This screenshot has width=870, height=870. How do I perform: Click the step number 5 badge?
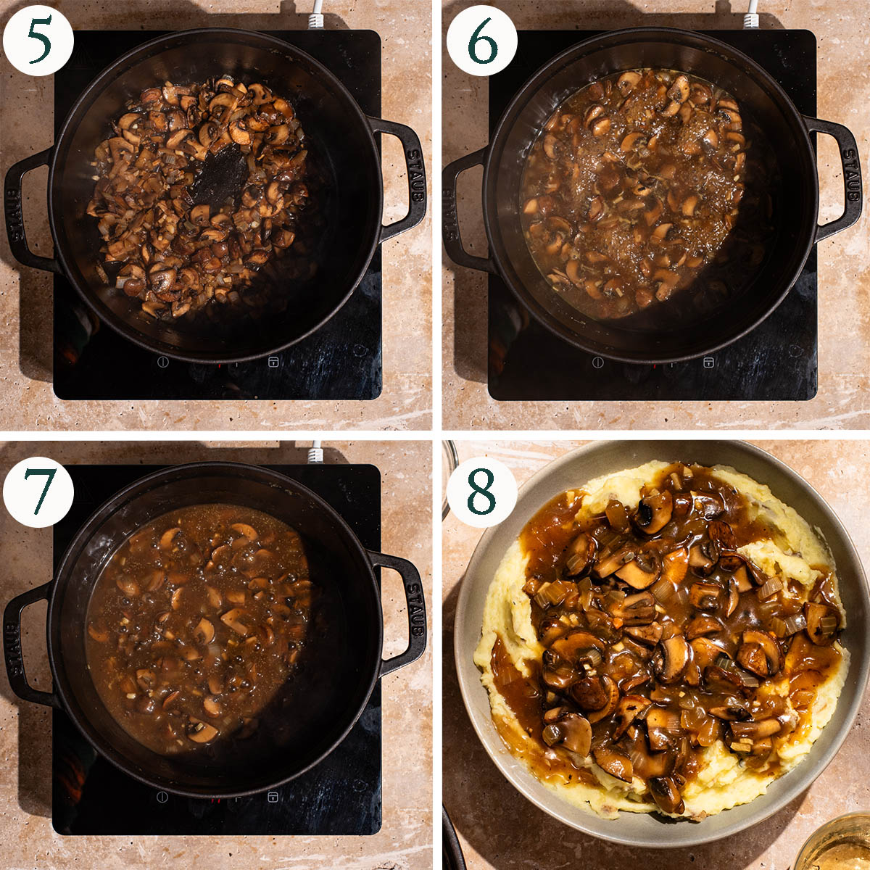tap(38, 40)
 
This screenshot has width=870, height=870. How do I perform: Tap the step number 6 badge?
tap(481, 40)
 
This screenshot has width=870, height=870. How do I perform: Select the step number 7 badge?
tap(38, 492)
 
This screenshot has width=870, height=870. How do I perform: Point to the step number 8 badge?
tap(481, 492)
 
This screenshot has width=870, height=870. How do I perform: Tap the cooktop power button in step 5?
tap(163, 362)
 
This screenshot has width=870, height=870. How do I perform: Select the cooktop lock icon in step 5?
tap(273, 362)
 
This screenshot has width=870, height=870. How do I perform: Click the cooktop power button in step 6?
tap(597, 362)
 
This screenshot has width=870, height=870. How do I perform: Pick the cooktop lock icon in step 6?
tap(708, 362)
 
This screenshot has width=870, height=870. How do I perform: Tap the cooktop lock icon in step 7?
tap(273, 797)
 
